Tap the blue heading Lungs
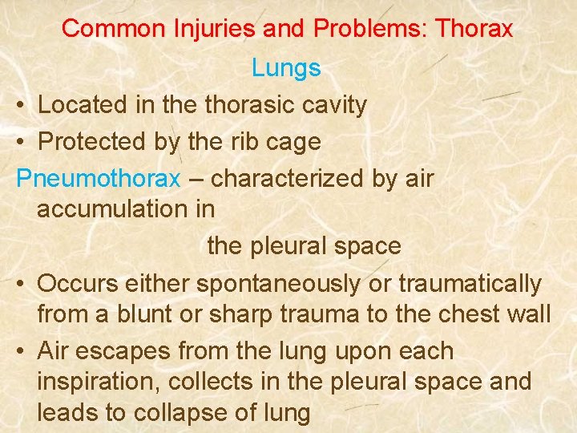[x=286, y=68]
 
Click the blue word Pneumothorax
[x=99, y=178]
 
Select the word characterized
[x=288, y=178]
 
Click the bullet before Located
[x=22, y=105]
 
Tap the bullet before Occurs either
[x=22, y=284]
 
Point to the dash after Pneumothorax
[x=196, y=179]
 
